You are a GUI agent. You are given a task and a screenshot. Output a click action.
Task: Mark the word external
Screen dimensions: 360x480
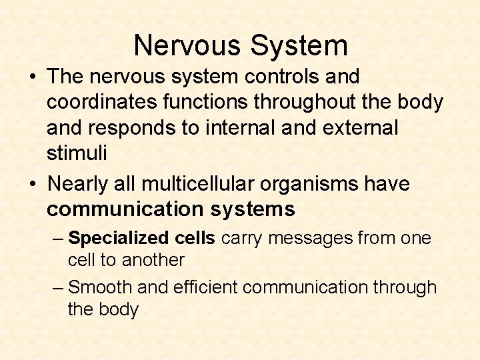[x=357, y=128]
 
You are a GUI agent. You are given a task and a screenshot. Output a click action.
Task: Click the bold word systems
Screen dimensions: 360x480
[x=253, y=209]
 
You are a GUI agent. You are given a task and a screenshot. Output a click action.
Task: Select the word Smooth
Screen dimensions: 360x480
[x=101, y=287]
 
